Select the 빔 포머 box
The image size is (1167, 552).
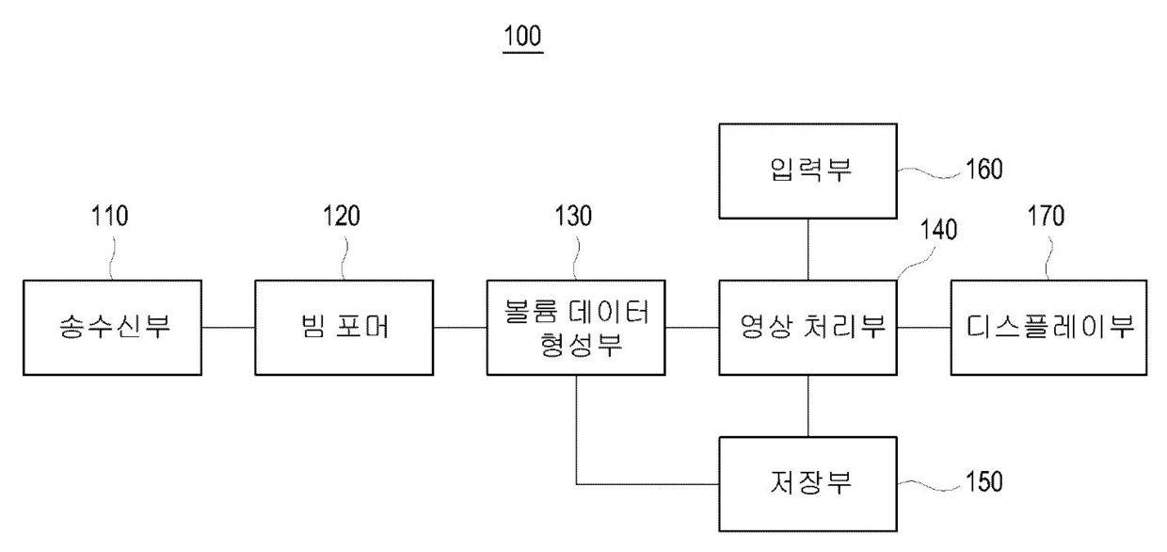(343, 327)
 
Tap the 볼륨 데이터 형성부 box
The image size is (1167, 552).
(576, 327)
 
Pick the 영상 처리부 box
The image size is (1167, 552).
(807, 327)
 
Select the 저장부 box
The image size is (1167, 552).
(807, 484)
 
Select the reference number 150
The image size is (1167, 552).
(984, 483)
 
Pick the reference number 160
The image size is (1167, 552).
(984, 170)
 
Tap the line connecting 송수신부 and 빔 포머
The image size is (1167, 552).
(228, 327)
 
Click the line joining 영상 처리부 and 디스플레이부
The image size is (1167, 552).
(923, 327)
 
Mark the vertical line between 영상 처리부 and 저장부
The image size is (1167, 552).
(807, 405)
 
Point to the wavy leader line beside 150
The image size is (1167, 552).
(928, 483)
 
